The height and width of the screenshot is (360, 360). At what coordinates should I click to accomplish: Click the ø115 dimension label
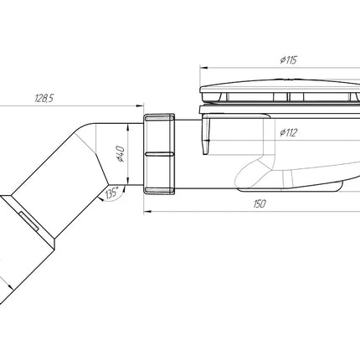coord(289,60)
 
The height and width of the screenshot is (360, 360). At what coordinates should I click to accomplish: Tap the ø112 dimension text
coord(288,132)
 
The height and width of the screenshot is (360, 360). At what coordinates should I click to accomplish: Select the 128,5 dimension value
coord(44,98)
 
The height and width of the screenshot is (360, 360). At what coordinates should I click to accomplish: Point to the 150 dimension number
coord(260,203)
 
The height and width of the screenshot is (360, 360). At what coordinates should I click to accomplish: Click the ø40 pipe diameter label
coord(121,153)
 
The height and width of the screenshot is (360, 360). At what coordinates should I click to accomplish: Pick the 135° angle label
coord(111,193)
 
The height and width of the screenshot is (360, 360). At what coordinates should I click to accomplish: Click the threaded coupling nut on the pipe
coord(159,154)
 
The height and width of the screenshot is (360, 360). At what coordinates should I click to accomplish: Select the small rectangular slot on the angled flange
coord(28,220)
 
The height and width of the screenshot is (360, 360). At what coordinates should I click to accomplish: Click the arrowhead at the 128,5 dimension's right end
coord(140,105)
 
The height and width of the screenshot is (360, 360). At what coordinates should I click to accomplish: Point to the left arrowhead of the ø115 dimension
coord(203,68)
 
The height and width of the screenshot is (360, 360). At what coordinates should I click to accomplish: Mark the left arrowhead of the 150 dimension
coord(147,212)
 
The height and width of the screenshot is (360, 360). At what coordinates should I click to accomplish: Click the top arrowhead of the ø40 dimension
coord(127,127)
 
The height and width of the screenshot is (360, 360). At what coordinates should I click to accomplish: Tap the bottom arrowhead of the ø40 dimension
coord(127,181)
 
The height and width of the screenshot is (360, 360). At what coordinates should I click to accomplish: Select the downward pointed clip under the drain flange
coord(206,134)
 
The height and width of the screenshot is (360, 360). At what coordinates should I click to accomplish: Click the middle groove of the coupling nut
coord(159,154)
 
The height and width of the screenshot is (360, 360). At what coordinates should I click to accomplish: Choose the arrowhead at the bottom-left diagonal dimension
coord(10,286)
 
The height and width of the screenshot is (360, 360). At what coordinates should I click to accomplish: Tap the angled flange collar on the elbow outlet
coord(28,220)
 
